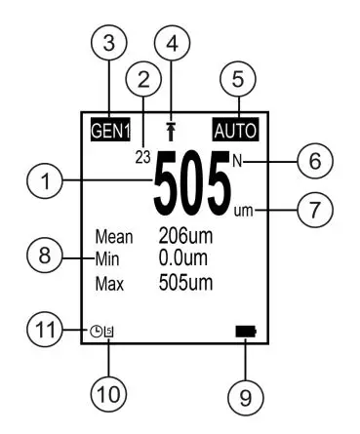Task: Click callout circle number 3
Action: [110, 44]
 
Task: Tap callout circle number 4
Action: [173, 44]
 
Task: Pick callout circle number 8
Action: [41, 258]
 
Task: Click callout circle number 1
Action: [41, 179]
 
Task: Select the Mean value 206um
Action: [185, 235]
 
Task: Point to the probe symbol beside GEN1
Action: [173, 129]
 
